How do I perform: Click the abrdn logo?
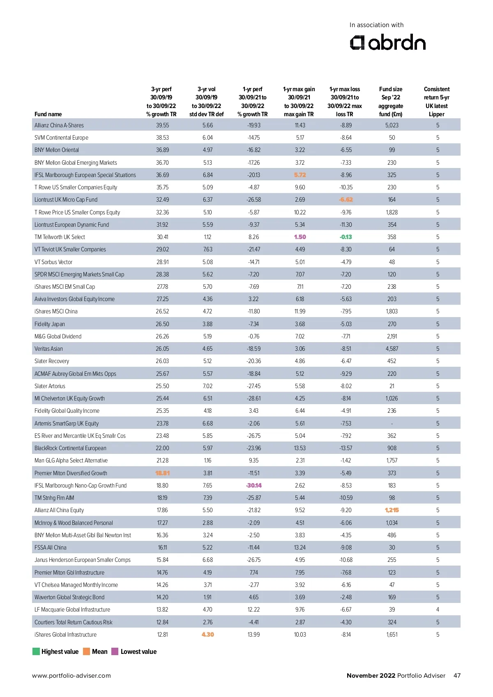tap(387, 43)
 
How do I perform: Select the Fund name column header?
tap(48, 114)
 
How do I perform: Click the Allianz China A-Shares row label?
tap(59, 125)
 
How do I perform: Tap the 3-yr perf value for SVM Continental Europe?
tap(162, 138)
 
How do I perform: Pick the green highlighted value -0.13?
tap(346, 237)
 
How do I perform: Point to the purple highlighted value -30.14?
tap(254, 485)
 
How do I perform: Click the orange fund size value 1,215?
tap(392, 510)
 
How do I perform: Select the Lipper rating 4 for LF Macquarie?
tap(438, 610)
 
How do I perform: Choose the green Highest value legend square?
tap(36, 651)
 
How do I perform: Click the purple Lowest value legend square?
tap(115, 651)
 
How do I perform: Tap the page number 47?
tap(457, 676)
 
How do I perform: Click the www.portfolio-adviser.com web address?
tap(71, 676)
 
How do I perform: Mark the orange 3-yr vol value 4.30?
tap(207, 635)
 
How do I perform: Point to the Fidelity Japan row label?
tap(50, 324)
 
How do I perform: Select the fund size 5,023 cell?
tap(392, 125)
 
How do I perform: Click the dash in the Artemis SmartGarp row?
tap(392, 423)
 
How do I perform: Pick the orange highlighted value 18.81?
tap(162, 473)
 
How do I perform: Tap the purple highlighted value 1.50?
tap(300, 237)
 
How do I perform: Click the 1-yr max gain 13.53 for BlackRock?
tap(300, 448)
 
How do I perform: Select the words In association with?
tap(376, 25)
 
